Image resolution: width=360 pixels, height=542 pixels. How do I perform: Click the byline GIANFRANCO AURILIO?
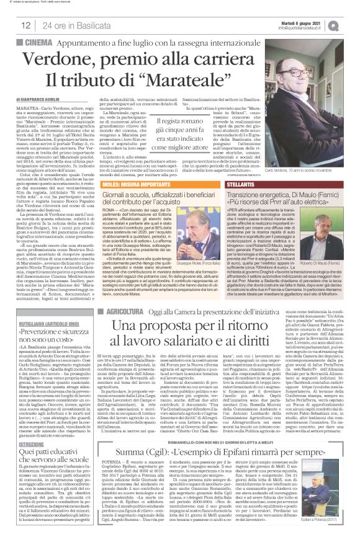(x=43, y=99)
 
